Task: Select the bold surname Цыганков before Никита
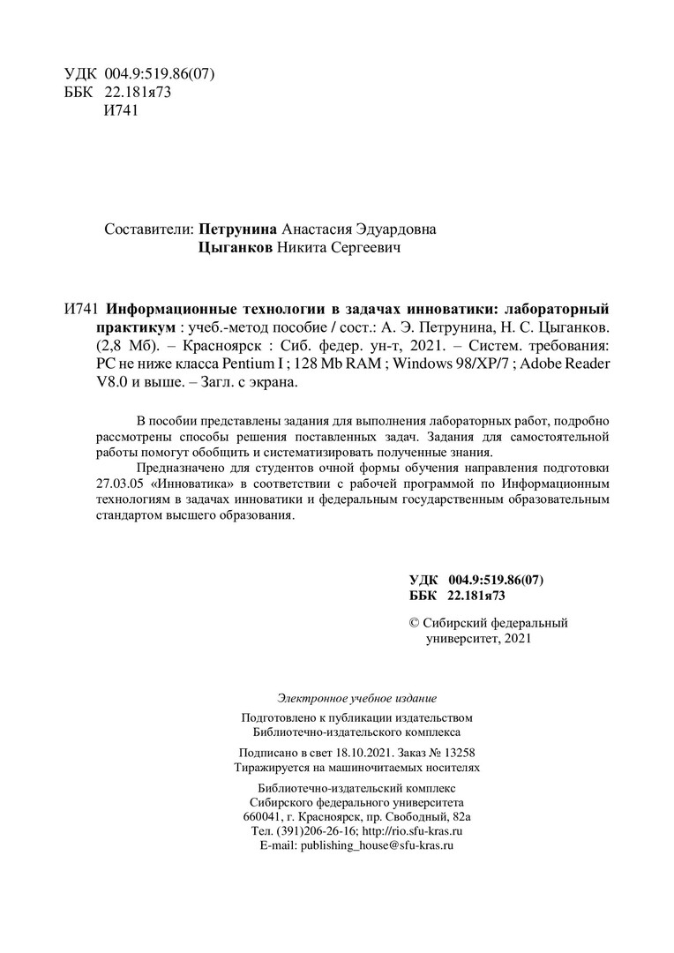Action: pos(237,251)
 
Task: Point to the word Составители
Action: pos(147,229)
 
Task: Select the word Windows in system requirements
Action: pos(428,364)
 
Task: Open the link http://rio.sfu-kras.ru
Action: pos(413,831)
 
